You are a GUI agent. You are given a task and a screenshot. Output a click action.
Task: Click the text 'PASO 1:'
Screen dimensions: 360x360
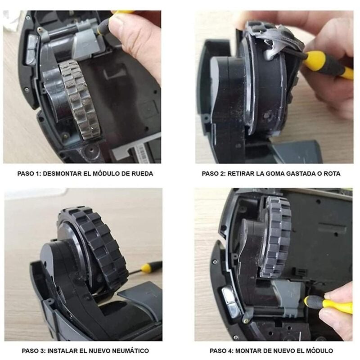[x=30, y=173]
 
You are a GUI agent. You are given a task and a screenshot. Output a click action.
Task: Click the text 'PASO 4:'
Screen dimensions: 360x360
[x=222, y=350]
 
